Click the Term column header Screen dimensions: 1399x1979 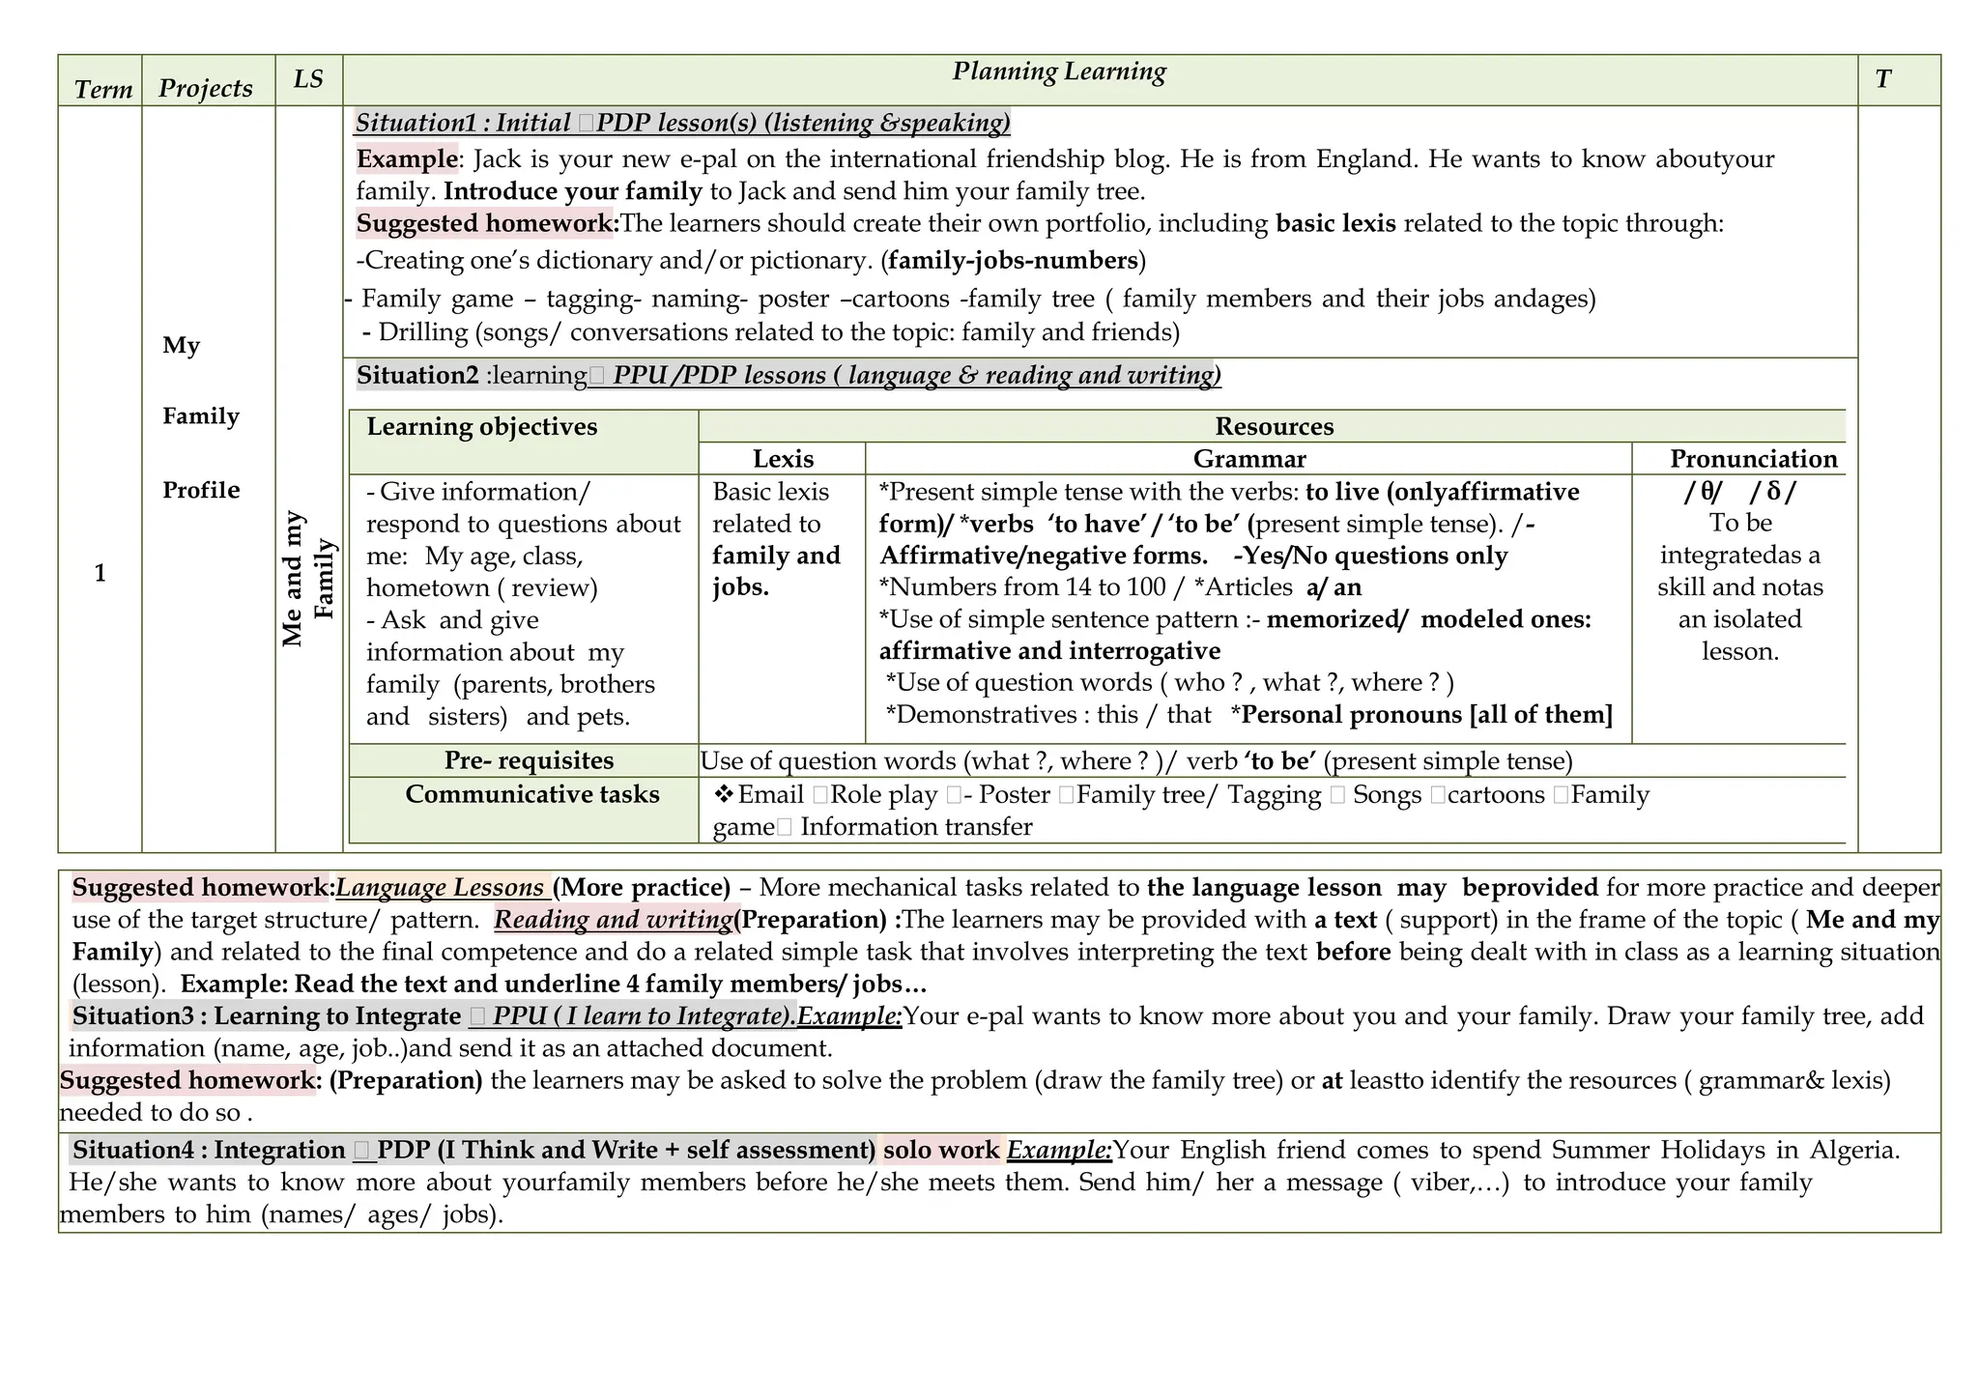coord(102,89)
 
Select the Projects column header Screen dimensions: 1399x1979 coord(206,88)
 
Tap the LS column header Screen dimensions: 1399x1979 coord(308,78)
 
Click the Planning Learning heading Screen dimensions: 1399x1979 coord(1059,71)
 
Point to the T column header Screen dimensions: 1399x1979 coord(1882,79)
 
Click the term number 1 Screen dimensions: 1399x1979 coord(100,573)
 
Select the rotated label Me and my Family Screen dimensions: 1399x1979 coord(308,579)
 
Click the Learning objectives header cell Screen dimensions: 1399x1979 coord(481,426)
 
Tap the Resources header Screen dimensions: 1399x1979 coord(1274,426)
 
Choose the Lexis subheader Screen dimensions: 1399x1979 coord(783,459)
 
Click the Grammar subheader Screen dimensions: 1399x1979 coord(1248,459)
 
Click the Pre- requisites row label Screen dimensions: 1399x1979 coord(529,760)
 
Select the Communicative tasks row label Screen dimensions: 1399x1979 coord(531,794)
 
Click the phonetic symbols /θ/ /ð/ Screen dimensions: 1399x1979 coord(1739,492)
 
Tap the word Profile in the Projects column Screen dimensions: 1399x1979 coord(201,490)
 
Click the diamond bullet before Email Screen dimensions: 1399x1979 coord(724,794)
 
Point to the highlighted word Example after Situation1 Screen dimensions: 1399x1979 coord(407,158)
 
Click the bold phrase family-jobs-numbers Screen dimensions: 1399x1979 coord(1013,260)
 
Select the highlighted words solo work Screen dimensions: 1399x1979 coord(940,1150)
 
